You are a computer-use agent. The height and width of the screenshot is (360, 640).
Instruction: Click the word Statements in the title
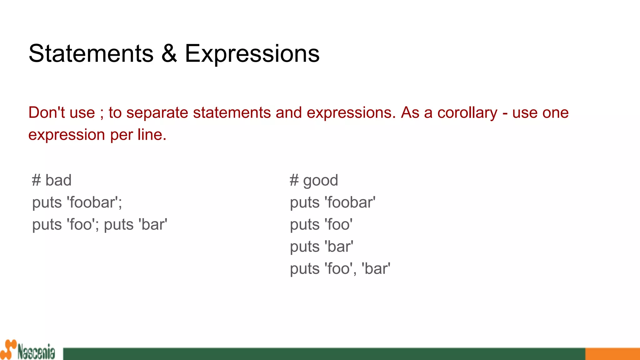91,53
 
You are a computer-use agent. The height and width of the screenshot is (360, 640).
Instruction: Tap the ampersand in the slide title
169,53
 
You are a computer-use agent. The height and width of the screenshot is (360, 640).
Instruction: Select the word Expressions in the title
252,54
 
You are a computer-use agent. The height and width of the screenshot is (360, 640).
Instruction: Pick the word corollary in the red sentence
467,113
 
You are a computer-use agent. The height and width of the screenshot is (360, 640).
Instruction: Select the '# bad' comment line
52,180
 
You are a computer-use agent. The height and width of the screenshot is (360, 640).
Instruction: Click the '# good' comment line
314,181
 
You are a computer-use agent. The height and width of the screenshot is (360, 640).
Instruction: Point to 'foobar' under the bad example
93,202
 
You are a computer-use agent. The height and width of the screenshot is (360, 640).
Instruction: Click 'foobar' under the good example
350,202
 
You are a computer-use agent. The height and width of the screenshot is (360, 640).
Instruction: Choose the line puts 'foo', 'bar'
340,269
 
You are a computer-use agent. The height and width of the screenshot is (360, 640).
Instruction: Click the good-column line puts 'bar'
322,247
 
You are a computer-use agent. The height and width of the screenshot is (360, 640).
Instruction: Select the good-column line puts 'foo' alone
321,225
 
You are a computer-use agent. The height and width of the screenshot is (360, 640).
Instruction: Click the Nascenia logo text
36,352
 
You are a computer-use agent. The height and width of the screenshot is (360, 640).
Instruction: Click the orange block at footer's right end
612,354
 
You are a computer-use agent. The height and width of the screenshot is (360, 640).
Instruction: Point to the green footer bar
324,354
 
